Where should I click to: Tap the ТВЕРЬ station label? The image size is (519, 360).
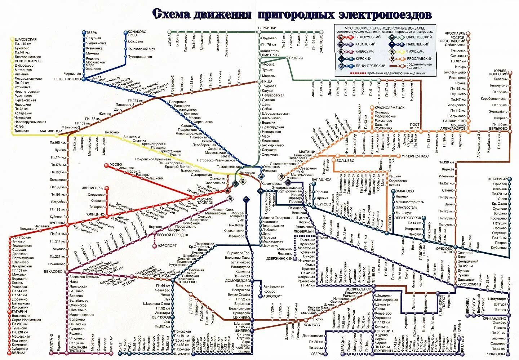click(x=92, y=33)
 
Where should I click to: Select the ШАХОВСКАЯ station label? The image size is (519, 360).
click(x=26, y=39)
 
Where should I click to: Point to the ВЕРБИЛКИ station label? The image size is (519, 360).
click(x=267, y=28)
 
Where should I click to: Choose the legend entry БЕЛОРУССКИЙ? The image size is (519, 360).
click(x=368, y=37)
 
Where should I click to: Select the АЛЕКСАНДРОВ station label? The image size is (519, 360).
click(x=453, y=128)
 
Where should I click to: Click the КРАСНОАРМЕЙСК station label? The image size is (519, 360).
click(x=389, y=108)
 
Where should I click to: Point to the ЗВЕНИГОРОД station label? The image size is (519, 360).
click(x=93, y=188)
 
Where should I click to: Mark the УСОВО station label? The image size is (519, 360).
click(x=116, y=165)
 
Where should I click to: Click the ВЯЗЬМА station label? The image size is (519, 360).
click(x=18, y=353)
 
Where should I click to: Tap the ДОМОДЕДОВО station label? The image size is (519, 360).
click(x=238, y=280)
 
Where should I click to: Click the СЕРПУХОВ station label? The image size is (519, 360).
click(x=161, y=317)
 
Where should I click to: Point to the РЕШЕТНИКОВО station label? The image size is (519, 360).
click(x=68, y=79)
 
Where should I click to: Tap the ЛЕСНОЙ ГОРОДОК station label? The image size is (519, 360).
click(x=173, y=235)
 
